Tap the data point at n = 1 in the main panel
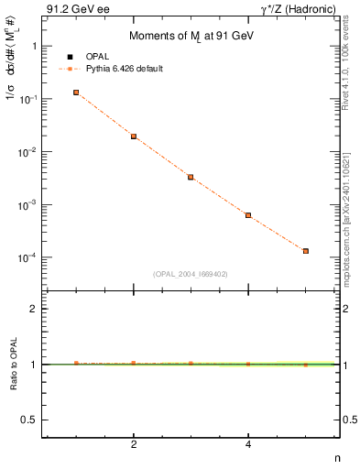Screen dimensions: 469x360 [76, 93]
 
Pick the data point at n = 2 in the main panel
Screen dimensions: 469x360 [134, 136]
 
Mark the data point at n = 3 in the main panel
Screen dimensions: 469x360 [191, 177]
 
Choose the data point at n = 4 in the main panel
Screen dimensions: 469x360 [248, 215]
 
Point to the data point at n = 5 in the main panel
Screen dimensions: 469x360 [306, 251]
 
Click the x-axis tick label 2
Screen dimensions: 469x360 [134, 445]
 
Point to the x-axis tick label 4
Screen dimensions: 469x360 [248, 445]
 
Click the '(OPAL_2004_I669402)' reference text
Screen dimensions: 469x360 [191, 273]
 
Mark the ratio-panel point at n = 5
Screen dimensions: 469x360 [306, 365]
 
